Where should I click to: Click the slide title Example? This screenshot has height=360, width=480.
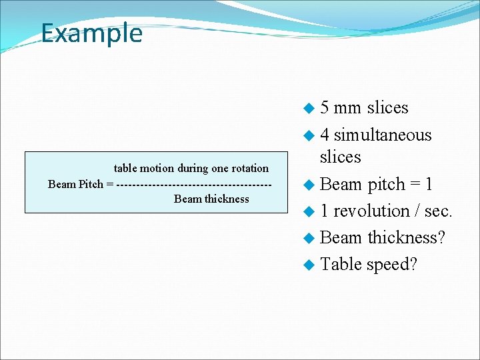pyautogui.click(x=91, y=33)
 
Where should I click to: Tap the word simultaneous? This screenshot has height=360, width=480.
pyautogui.click(x=383, y=135)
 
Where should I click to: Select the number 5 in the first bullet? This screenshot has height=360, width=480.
pyautogui.click(x=324, y=107)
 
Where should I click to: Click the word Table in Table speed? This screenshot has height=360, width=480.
pyautogui.click(x=340, y=264)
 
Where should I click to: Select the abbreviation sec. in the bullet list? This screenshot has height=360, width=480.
pyautogui.click(x=438, y=211)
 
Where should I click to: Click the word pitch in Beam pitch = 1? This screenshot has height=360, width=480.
pyautogui.click(x=387, y=185)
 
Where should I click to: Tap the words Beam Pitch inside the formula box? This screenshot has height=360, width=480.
pyautogui.click(x=75, y=184)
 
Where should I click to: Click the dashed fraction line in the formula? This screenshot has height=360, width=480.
pyautogui.click(x=193, y=184)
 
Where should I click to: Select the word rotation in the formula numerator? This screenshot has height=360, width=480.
pyautogui.click(x=249, y=169)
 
